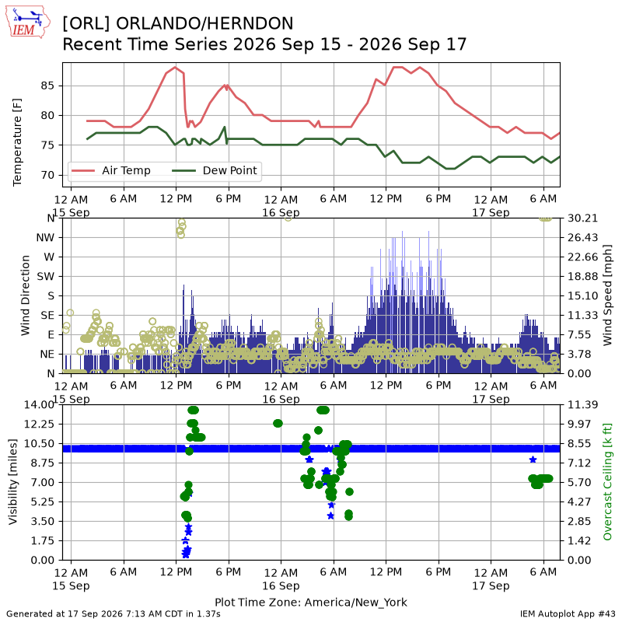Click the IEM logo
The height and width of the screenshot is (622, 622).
pyautogui.click(x=28, y=22)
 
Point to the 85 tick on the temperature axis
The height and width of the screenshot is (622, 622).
pyautogui.click(x=47, y=86)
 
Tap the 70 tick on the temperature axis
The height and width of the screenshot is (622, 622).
pyautogui.click(x=47, y=175)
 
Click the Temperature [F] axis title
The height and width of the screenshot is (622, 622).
pyautogui.click(x=17, y=142)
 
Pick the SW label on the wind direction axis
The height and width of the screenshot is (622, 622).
pyautogui.click(x=46, y=276)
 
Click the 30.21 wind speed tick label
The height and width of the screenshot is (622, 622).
pyautogui.click(x=582, y=218)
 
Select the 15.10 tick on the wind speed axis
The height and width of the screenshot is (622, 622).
pyautogui.click(x=582, y=295)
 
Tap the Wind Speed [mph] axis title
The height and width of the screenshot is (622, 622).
pyautogui.click(x=607, y=295)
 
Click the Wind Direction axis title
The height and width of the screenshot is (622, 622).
pyautogui.click(x=26, y=295)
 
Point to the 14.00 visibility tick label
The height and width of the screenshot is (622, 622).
pyautogui.click(x=39, y=404)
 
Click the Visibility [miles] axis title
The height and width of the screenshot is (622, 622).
pyautogui.click(x=13, y=482)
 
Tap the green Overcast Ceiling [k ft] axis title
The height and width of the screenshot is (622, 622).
pyautogui.click(x=607, y=482)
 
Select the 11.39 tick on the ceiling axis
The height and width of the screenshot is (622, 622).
pyautogui.click(x=582, y=404)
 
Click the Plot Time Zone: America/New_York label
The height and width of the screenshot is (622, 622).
pyautogui.click(x=311, y=602)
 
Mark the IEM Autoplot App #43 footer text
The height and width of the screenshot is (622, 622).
pyautogui.click(x=568, y=613)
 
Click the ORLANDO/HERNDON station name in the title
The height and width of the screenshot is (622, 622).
pyautogui.click(x=204, y=23)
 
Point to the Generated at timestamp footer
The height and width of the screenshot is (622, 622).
pyautogui.click(x=114, y=613)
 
